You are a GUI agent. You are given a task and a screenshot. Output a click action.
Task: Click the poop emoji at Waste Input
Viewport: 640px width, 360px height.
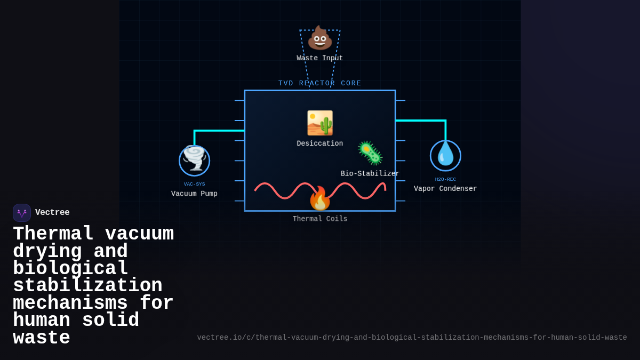[320, 38]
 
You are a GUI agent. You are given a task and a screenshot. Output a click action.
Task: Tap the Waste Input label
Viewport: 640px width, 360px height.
[320, 58]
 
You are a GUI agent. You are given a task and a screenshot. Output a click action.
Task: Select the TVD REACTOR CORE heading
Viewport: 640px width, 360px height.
[320, 83]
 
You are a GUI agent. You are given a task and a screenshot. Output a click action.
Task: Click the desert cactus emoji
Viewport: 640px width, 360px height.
[320, 123]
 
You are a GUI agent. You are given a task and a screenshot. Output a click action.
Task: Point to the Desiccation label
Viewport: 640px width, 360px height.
[320, 143]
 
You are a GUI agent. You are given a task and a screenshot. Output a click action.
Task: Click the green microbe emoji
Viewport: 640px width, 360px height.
[370, 153]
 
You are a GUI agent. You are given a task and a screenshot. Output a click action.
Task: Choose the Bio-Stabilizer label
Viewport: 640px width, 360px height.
[370, 173]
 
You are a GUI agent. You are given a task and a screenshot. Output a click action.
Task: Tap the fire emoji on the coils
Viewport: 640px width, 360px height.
[320, 199]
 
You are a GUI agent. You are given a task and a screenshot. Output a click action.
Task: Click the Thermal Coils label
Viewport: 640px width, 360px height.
[320, 219]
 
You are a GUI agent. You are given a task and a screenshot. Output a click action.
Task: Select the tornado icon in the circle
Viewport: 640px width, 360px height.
[194, 159]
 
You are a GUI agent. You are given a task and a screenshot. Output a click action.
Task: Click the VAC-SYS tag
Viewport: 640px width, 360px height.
[194, 184]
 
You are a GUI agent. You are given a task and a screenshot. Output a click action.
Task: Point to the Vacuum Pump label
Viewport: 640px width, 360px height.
[194, 194]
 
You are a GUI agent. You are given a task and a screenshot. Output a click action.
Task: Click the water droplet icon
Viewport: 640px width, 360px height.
[445, 155]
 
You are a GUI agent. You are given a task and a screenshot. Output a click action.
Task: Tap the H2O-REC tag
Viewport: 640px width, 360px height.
[445, 179]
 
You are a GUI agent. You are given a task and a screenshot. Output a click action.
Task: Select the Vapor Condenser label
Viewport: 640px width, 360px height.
[445, 189]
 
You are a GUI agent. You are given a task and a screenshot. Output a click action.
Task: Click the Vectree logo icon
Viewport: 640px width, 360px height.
[22, 213]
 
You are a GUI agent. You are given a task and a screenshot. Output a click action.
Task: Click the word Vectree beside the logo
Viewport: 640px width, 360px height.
[52, 213]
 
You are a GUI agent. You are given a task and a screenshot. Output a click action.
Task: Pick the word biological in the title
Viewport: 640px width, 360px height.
[71, 268]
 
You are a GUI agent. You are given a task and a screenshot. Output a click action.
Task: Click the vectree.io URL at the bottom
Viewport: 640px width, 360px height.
[412, 338]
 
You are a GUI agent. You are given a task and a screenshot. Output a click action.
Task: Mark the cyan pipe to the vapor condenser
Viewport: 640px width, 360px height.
[421, 121]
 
